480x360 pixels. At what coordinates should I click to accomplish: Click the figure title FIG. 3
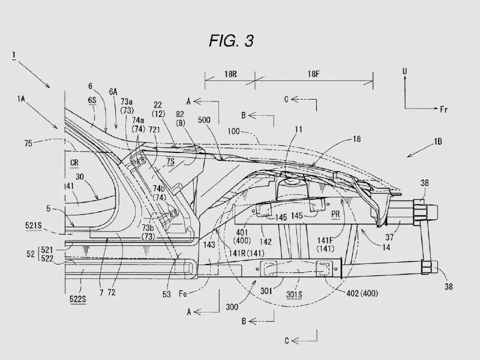pos(232,41)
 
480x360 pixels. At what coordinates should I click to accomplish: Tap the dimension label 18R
pos(230,74)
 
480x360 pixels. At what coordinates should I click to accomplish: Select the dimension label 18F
pos(313,74)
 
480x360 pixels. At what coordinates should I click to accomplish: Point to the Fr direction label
pos(444,109)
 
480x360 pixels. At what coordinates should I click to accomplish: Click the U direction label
pos(404,71)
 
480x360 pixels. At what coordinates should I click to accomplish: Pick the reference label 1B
pos(438,142)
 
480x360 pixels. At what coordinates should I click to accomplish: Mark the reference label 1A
pos(21,99)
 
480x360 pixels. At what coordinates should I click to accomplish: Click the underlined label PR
pos(335,214)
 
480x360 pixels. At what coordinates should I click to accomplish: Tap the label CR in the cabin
pos(74,163)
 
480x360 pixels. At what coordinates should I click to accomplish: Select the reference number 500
pos(204,120)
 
